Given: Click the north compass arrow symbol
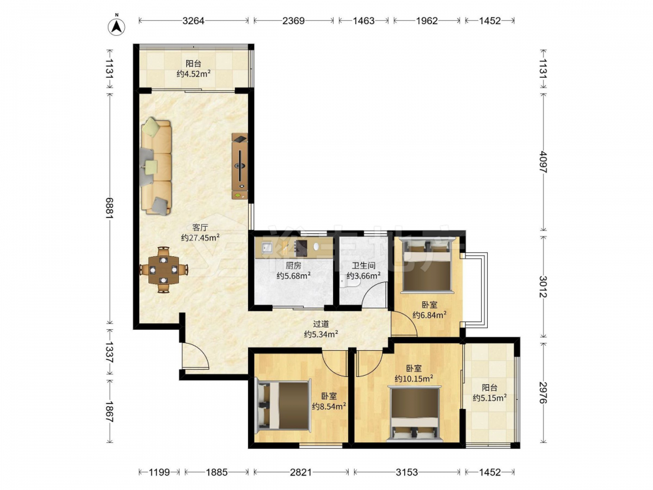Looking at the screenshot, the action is click(117, 26).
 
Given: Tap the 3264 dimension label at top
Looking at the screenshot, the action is click(193, 20).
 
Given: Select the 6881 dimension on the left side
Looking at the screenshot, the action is click(110, 208).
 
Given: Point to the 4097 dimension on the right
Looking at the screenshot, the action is click(543, 161).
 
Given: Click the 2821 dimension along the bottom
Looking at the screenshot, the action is click(300, 472).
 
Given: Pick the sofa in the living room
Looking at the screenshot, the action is click(156, 167).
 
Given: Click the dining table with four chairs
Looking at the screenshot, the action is click(163, 270).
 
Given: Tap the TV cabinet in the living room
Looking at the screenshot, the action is click(240, 166).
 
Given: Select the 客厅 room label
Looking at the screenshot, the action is click(200, 227).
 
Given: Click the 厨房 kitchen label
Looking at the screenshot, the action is click(293, 265).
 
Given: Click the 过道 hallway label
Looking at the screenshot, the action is click(321, 324).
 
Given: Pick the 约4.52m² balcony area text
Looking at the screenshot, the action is click(193, 74).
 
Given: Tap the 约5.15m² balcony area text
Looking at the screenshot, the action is click(489, 398).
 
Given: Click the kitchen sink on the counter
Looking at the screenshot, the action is click(266, 248).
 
